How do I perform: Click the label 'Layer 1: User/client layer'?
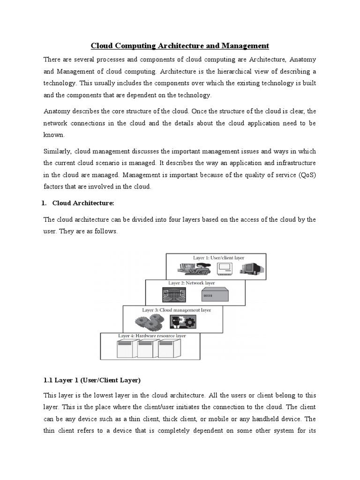click(218, 258)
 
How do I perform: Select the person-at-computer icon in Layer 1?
click(193, 269)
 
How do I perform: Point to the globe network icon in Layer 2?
click(172, 295)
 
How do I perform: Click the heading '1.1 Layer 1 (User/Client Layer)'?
click(92, 379)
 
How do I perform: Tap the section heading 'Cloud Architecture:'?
click(83, 203)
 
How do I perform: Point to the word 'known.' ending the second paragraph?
click(54, 134)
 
